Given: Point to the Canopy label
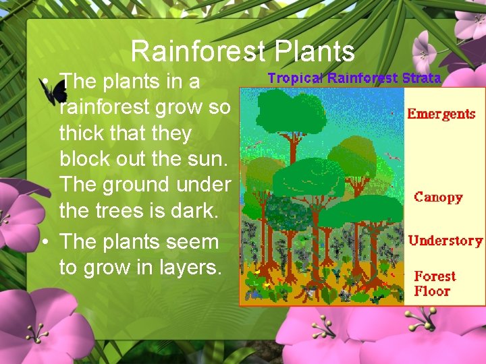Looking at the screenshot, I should pyautogui.click(x=438, y=198).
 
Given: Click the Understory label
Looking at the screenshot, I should pyautogui.click(x=446, y=241).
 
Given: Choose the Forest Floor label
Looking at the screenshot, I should pyautogui.click(x=434, y=284).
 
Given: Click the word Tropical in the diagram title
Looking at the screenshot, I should pyautogui.click(x=296, y=78).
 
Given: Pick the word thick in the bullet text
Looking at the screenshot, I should pyautogui.click(x=80, y=133).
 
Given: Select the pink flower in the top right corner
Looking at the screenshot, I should pyautogui.click(x=466, y=24).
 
